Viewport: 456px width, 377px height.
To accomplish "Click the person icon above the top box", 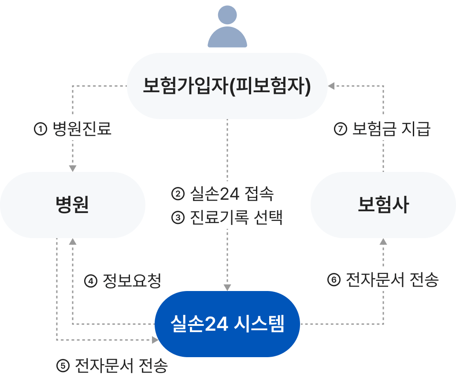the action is (227, 27).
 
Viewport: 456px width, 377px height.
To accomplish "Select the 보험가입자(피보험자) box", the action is (227, 86).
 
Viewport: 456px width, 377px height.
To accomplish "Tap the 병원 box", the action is (73, 205).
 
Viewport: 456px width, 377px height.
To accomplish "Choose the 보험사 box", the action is (383, 205).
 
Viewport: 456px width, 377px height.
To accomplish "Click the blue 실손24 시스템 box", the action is (227, 324).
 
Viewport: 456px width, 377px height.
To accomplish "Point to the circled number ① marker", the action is (40, 130).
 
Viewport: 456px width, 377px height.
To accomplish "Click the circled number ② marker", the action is (178, 193).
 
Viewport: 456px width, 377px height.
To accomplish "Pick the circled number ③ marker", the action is (178, 217).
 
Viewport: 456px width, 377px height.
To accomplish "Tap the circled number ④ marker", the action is (90, 280).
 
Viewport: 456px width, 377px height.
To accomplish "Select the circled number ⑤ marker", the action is (63, 365).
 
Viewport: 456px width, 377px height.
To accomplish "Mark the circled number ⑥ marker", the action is (334, 280).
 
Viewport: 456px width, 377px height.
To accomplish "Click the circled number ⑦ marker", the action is (341, 130).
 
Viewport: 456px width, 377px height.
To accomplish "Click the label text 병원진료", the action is (82, 129).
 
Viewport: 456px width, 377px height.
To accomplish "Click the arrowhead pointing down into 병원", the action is (73, 168).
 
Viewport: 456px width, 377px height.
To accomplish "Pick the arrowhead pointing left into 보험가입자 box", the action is (331, 86).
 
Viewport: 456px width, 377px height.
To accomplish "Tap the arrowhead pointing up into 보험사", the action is (383, 242).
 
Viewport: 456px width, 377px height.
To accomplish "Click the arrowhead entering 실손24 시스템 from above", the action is (227, 287).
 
